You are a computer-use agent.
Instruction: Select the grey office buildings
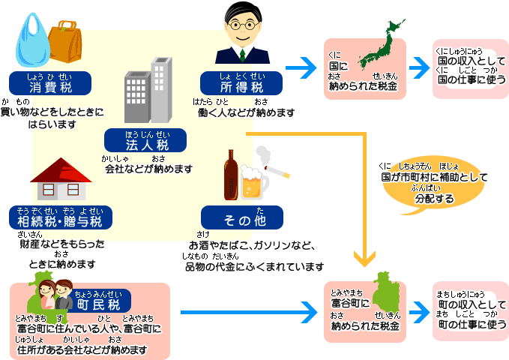tap(147, 90)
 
